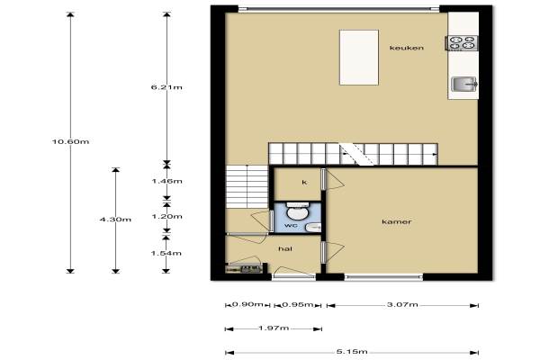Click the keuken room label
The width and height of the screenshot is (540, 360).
pos(407,48)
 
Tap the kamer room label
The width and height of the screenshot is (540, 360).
pos(397,221)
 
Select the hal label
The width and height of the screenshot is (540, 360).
pos(285,248)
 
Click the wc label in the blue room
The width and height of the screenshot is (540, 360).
pos(291,226)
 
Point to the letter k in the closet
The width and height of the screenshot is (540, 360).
pos(304,182)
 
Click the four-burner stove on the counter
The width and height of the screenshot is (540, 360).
pos(463,43)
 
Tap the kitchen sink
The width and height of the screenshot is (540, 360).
pos(464,84)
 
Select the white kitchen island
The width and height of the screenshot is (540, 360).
pos(359,58)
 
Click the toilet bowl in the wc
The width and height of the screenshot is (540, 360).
pos(298,211)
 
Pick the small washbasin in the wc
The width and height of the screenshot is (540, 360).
pos(313,227)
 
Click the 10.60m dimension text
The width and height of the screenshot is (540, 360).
pos(70,141)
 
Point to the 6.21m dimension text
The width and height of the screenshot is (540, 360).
pos(166,87)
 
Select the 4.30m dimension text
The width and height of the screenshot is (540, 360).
pos(115,220)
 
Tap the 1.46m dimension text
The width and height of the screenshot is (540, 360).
pos(167,181)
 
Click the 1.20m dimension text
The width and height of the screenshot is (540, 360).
pos(167,217)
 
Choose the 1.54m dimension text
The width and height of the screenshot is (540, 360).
pos(166,253)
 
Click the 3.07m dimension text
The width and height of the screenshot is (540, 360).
pos(402,304)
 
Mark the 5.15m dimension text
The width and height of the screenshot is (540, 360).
pos(352,352)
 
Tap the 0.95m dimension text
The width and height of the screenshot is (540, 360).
pos(298,304)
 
